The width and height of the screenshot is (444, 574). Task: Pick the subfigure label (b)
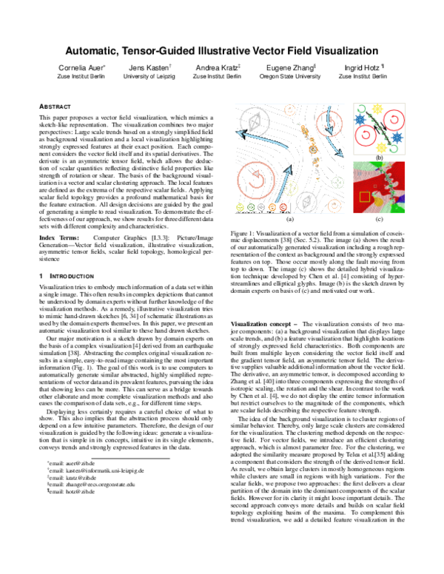[379, 158]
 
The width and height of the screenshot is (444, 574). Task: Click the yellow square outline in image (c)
[366, 196]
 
